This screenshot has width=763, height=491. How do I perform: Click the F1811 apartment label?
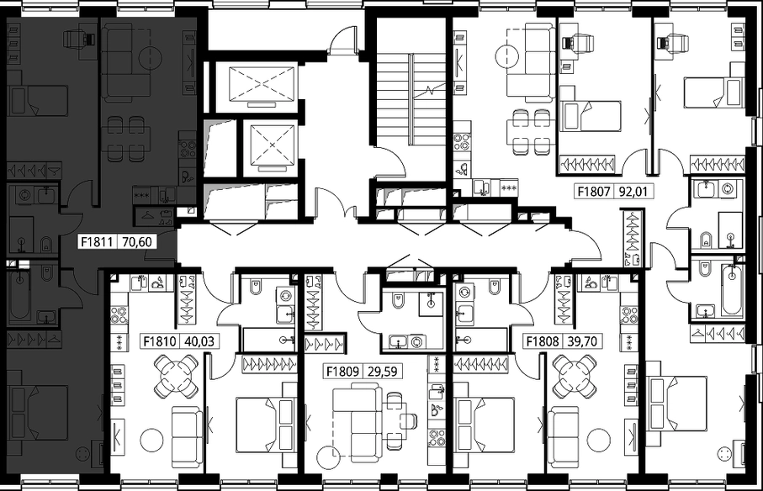pyautogui.click(x=97, y=241)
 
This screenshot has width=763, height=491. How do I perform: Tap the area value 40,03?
pyautogui.click(x=199, y=341)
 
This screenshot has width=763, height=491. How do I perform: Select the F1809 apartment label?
pyautogui.click(x=342, y=372)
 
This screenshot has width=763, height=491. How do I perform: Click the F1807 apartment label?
pyautogui.click(x=594, y=192)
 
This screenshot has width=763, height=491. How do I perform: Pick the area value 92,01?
pyautogui.click(x=633, y=192)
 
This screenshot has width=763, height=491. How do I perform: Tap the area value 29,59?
pyautogui.click(x=383, y=372)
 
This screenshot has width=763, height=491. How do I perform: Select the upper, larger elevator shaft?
pyautogui.click(x=262, y=86)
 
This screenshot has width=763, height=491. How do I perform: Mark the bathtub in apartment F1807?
pyautogui.click(x=733, y=290)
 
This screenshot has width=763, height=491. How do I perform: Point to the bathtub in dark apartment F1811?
pyautogui.click(x=20, y=295)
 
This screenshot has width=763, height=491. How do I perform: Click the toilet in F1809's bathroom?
pyautogui.click(x=398, y=301)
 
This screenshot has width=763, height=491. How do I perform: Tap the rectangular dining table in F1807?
pyautogui.click(x=528, y=131)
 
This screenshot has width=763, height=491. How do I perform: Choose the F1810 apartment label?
pyautogui.click(x=160, y=341)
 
